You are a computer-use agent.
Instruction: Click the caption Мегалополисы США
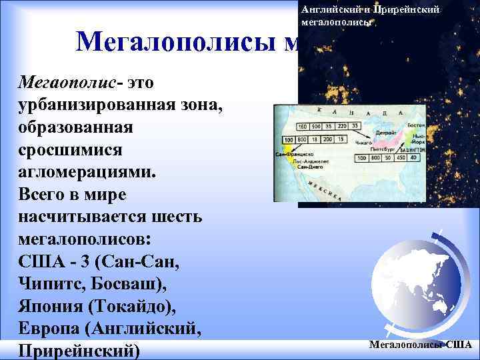point(419,345)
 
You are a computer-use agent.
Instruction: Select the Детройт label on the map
point(387,133)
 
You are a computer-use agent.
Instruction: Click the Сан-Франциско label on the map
point(294,153)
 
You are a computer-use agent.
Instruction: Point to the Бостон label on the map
point(415,126)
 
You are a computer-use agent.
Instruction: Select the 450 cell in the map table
point(400,158)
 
